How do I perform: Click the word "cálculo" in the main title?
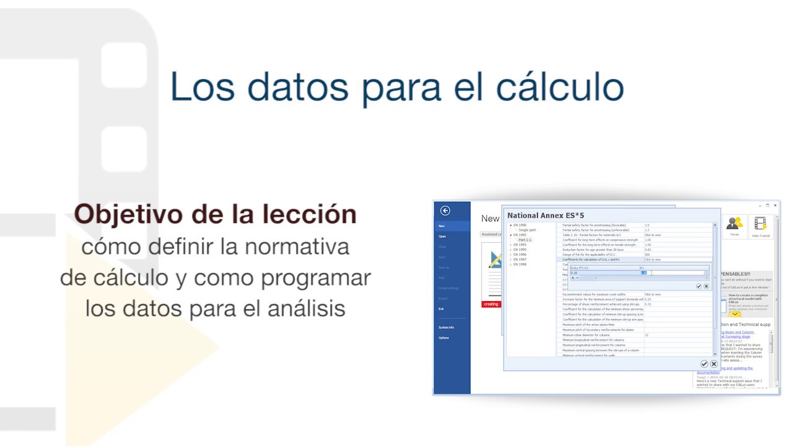coord(560,87)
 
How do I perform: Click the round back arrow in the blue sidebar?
coord(445,211)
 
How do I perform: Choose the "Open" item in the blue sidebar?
coord(442,237)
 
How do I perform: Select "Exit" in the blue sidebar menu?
coord(441,308)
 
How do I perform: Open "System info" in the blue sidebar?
coord(446,327)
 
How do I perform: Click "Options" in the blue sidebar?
coord(444,338)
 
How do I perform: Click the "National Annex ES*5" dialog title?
coord(545,216)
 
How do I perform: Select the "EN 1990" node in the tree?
coord(519,225)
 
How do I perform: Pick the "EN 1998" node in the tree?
coord(519,265)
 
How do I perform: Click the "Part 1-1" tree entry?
coord(525,240)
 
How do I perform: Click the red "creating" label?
coord(491,304)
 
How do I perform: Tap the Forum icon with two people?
coord(735,225)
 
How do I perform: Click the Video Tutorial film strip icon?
coord(760,225)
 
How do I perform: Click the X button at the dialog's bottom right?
coord(714,364)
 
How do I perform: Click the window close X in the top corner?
coord(775,205)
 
